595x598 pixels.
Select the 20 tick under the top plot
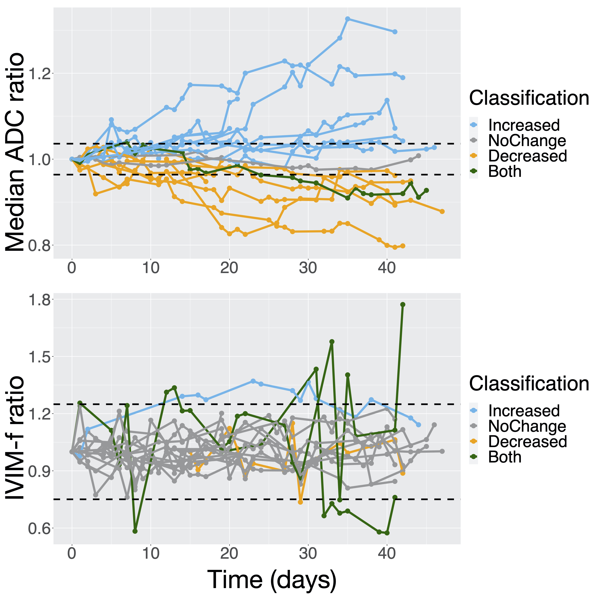pyautogui.click(x=229, y=268)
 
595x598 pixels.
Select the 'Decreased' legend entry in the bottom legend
pyautogui.click(x=527, y=442)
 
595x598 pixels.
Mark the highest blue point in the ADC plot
pyautogui.click(x=348, y=19)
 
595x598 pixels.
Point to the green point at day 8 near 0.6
pyautogui.click(x=135, y=531)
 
